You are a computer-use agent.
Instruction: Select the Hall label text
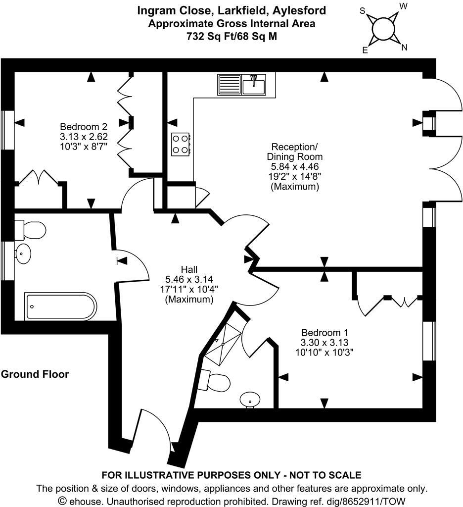tap(189, 269)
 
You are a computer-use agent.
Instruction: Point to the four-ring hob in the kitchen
tap(180, 145)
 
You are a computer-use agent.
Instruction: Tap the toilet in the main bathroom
tap(31, 230)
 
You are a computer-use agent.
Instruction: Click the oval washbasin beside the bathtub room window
tap(23, 254)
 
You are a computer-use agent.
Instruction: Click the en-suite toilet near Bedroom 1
tap(218, 382)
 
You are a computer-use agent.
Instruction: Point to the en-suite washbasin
tap(251, 399)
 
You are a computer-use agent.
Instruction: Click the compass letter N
tap(404, 48)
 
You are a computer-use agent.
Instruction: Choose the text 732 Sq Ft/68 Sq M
tap(231, 36)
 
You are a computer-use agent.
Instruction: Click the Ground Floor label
tap(35, 374)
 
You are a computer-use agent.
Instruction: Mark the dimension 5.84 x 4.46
tap(294, 167)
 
